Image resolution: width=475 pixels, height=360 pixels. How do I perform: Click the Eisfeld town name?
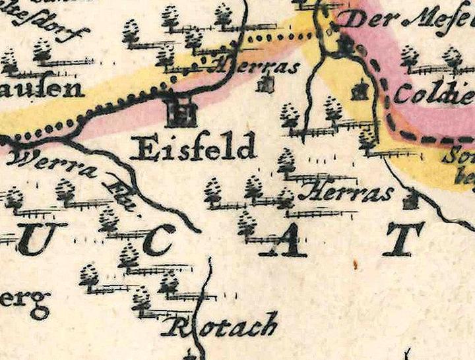193,148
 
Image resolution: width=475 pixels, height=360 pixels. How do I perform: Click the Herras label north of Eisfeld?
254,66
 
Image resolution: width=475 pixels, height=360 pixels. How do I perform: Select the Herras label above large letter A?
344,193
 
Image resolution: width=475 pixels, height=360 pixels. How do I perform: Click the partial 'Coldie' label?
433,94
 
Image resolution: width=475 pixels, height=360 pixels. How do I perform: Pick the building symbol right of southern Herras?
410,198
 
